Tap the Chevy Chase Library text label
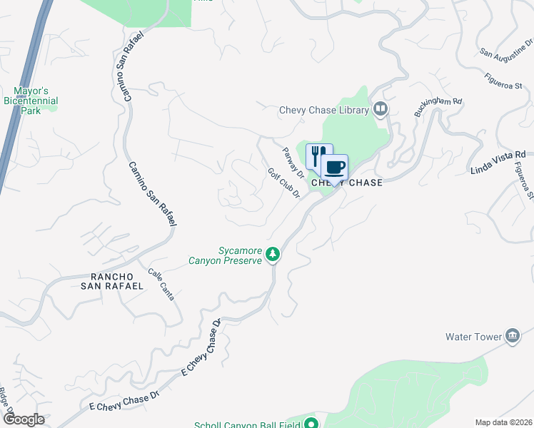tap(323, 110)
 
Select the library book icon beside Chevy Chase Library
tap(381, 109)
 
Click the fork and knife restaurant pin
tap(319, 156)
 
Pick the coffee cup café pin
tap(334, 168)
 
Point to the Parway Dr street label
tap(293, 163)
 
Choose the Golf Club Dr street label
tap(283, 184)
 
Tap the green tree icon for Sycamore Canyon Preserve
tap(272, 255)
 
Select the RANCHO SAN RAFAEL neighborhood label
tap(117, 281)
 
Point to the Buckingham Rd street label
tap(438, 108)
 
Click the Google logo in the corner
tap(24, 419)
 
